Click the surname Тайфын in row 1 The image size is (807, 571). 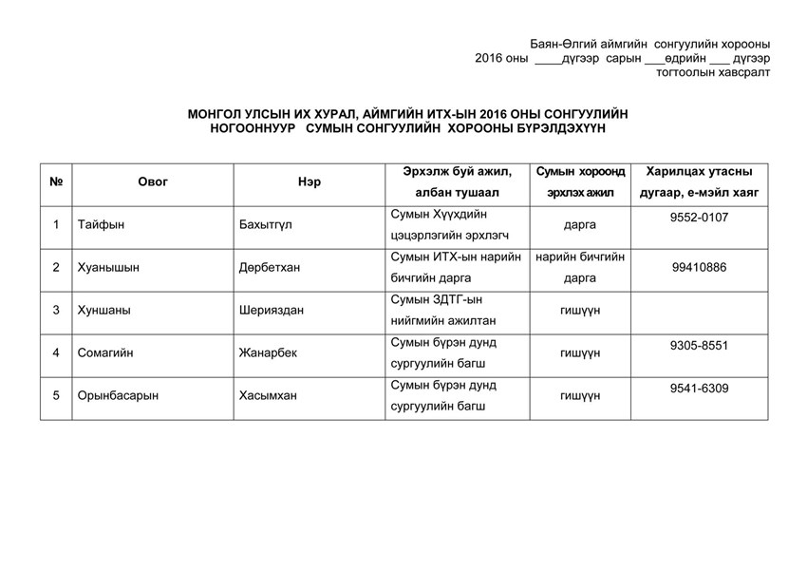[x=102, y=225]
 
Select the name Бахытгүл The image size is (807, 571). [x=271, y=225]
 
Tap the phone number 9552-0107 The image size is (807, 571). [x=699, y=218]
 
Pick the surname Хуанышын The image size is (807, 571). [x=108, y=268]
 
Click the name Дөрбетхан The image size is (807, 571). [x=270, y=268]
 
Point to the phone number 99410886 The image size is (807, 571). [x=699, y=267]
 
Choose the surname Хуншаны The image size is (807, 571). [x=104, y=310]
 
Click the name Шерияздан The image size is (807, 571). [x=272, y=310]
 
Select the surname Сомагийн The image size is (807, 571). [x=105, y=352]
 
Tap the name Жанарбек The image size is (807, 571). [x=269, y=352]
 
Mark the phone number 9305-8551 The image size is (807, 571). [x=699, y=345]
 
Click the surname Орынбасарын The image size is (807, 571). [x=118, y=395]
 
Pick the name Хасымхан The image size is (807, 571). [x=269, y=395]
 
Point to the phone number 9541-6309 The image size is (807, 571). [x=699, y=388]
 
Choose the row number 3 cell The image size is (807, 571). [x=56, y=310]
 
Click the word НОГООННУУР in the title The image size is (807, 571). [x=252, y=127]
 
